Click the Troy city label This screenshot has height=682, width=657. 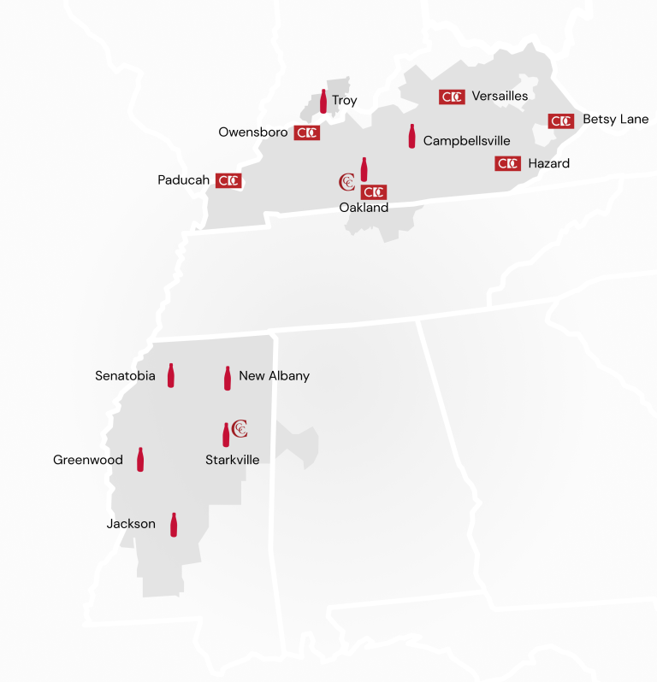tap(344, 101)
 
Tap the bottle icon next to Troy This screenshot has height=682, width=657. tap(323, 102)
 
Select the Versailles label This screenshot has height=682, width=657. tap(500, 96)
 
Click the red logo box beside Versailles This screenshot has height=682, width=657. tap(452, 97)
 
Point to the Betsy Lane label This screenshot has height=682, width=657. tap(615, 120)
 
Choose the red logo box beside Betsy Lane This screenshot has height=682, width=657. tap(561, 121)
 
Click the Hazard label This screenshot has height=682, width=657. tap(548, 163)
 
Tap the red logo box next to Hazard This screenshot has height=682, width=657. tap(507, 163)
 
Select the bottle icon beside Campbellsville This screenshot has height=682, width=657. tap(411, 137)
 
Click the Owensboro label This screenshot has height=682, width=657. tap(253, 132)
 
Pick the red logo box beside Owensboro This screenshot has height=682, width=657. tap(306, 132)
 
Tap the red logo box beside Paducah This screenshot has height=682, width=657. tap(228, 180)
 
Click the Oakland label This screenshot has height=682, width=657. tap(364, 208)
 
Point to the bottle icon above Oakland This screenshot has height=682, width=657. tap(364, 168)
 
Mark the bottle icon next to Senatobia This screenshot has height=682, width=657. tap(170, 375)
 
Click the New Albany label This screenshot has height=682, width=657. tap(274, 376)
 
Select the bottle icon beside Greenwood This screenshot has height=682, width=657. tap(140, 459)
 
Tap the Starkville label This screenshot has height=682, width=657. tap(232, 460)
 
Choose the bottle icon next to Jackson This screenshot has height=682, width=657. tap(174, 524)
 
